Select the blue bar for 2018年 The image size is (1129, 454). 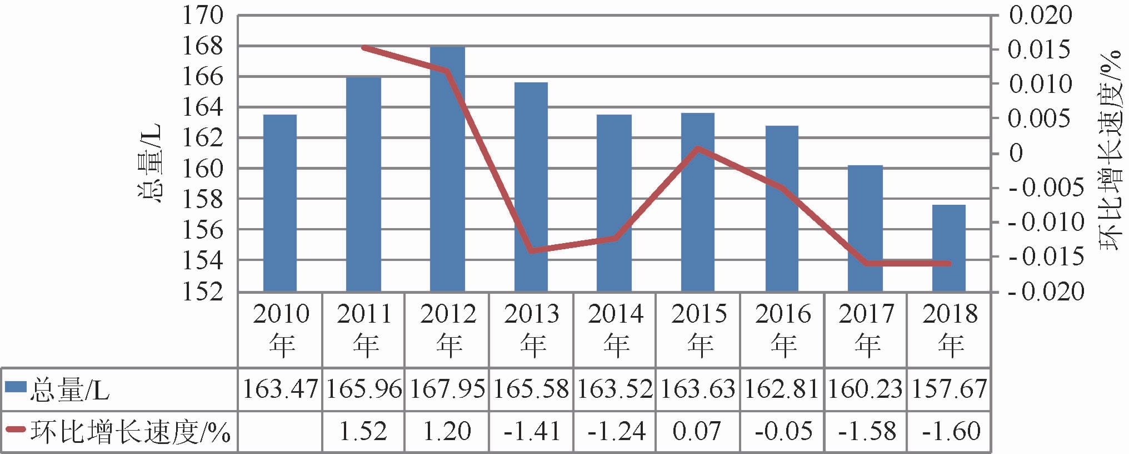pos(949,248)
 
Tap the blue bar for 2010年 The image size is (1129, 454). pos(280,203)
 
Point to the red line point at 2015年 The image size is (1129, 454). pos(698,149)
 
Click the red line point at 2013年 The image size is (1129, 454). pos(531,251)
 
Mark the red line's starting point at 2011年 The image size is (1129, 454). pos(364,48)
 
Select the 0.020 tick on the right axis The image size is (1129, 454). pos(1040,15)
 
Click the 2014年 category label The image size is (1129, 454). pos(615,330)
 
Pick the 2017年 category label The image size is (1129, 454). pos(866,330)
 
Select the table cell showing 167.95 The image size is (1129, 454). pos(447,388)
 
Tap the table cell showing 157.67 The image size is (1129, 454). pos(949,388)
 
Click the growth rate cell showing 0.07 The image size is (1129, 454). pos(697,431)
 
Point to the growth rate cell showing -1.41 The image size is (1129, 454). pos(531,431)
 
